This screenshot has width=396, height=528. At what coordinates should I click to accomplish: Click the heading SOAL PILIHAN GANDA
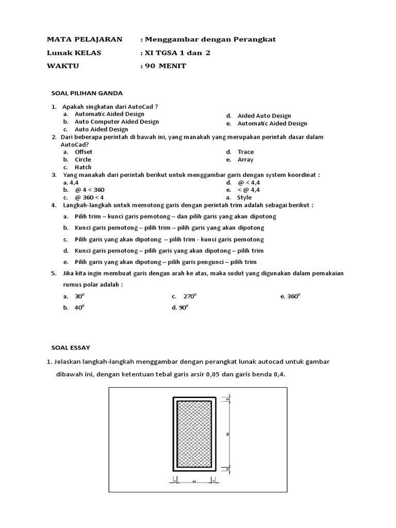point(87,93)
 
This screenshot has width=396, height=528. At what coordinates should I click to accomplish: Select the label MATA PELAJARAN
point(85,39)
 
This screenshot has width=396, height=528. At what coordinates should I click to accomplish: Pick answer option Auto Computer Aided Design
point(117,122)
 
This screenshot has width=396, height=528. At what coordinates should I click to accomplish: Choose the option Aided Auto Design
point(264,116)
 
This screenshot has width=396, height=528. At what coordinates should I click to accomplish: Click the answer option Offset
point(84,152)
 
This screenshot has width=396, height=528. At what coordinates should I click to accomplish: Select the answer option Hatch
point(83,167)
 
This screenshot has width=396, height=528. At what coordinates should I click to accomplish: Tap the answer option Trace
point(245,152)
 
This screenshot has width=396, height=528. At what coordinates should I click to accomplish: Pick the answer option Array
point(245,160)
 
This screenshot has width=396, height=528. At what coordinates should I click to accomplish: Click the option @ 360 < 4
point(89,197)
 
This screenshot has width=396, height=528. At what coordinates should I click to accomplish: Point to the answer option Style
point(244,197)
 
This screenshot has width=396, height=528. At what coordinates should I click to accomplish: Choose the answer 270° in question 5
point(190,296)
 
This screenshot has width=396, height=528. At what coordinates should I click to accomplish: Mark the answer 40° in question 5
point(79,307)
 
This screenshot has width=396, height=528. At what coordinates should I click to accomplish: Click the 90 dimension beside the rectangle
point(228,434)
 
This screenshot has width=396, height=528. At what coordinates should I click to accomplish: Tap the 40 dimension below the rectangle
point(194,482)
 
